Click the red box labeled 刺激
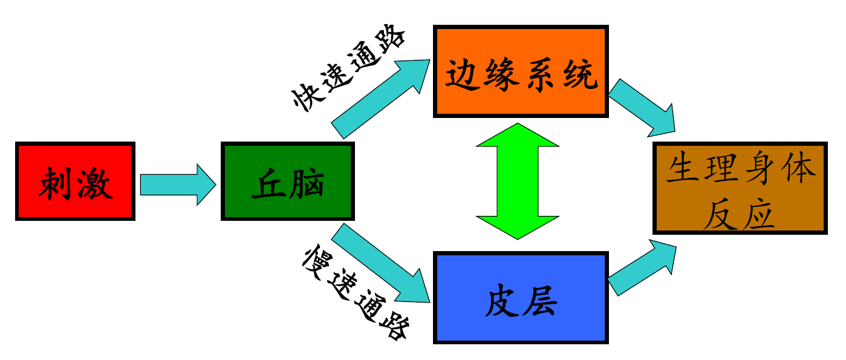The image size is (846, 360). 74,182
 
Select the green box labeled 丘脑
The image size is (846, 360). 287,182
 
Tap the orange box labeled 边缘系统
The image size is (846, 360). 521,71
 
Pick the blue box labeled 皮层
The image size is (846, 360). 521,298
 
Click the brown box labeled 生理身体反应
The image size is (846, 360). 740,188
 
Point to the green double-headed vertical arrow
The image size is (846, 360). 517,181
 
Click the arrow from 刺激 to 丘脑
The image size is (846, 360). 177,184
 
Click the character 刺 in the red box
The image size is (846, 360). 56,182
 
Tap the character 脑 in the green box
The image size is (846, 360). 307,182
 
